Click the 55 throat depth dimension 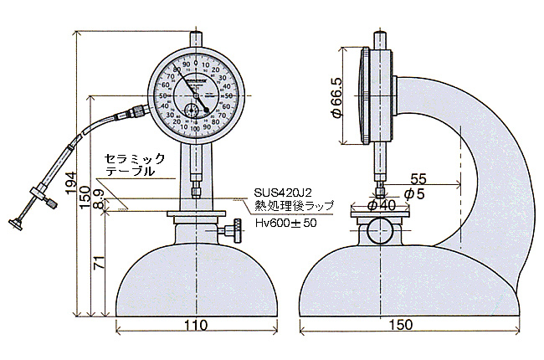coord(418,179)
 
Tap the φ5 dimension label coord(414,194)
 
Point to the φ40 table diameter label coord(382,205)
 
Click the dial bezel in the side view coord(365,96)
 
